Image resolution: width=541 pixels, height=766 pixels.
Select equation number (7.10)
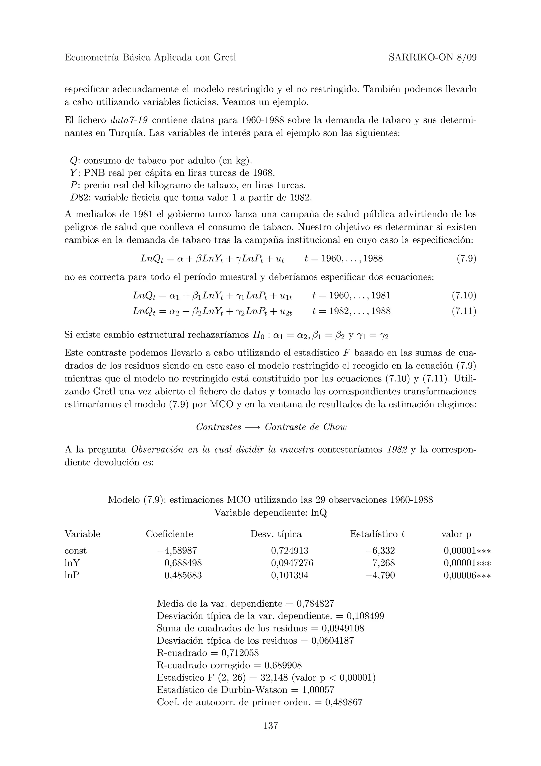[464, 295]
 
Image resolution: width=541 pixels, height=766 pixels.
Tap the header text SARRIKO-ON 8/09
[432, 58]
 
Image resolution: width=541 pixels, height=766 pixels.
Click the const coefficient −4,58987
[179, 551]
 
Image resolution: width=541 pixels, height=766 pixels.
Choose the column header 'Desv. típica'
[276, 534]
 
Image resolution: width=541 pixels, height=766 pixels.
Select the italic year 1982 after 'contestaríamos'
[397, 450]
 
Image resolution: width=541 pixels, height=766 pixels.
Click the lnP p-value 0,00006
[459, 575]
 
